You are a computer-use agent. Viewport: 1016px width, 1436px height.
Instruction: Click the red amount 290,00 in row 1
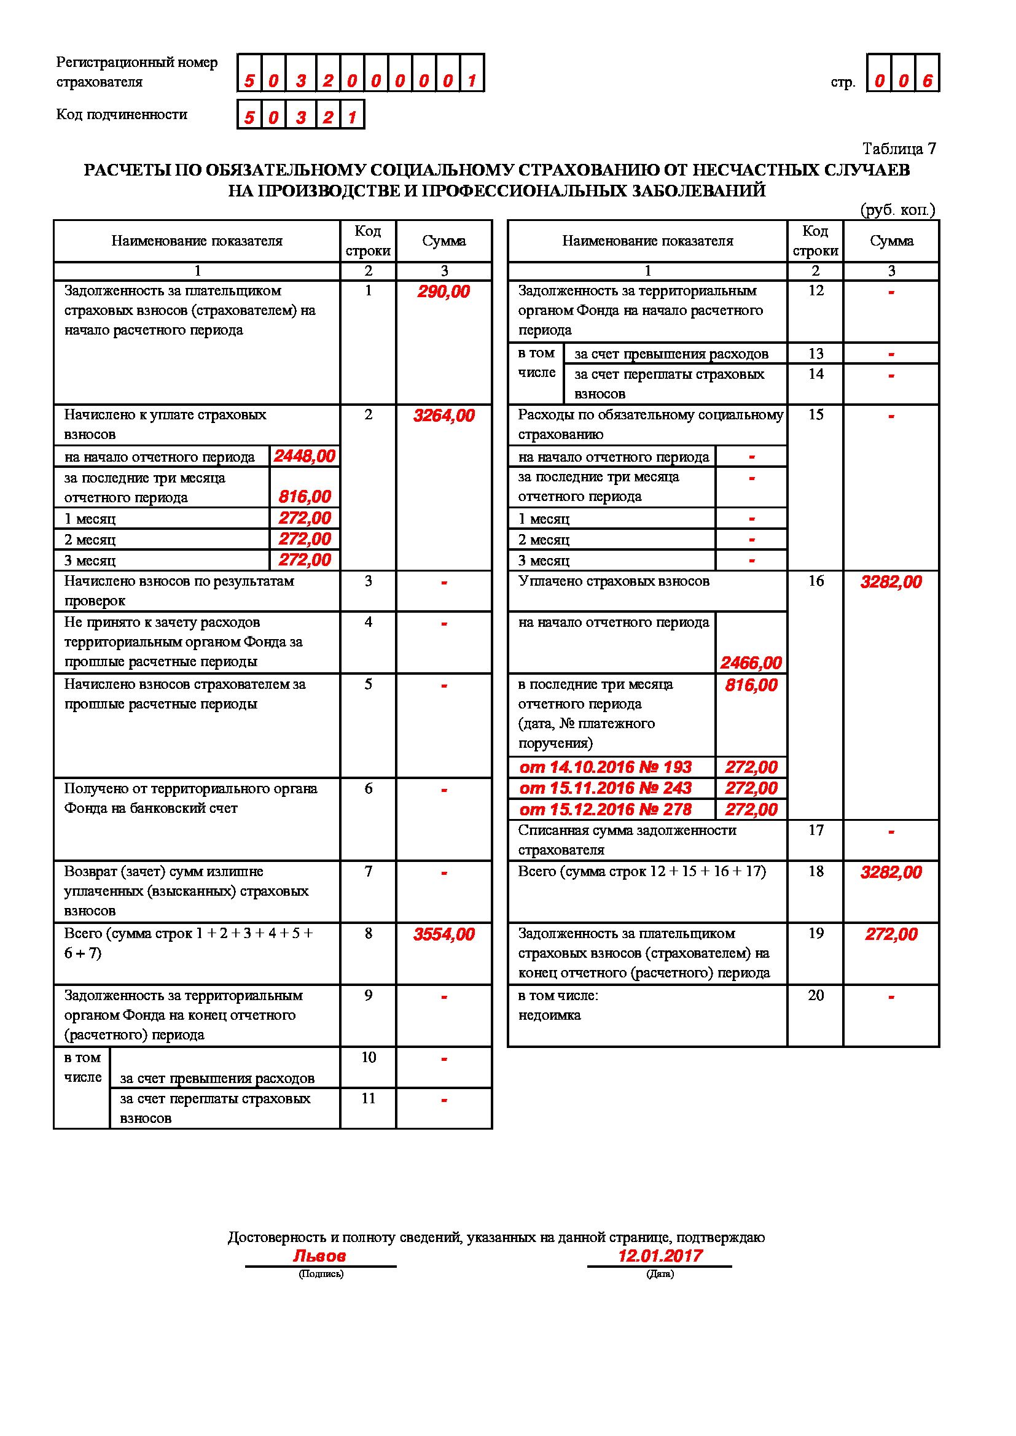pos(444,292)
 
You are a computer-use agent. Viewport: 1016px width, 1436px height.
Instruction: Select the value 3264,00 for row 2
pos(444,416)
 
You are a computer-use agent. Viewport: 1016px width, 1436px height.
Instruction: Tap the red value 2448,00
pos(305,457)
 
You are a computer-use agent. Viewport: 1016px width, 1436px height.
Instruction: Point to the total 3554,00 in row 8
pos(444,934)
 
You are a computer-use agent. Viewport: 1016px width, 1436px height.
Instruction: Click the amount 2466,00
pos(751,663)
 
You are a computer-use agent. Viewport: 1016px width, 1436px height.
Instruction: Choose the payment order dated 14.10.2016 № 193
pos(606,767)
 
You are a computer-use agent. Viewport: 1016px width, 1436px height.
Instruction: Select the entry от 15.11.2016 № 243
pos(606,789)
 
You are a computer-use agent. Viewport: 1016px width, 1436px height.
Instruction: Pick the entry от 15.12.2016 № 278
pos(606,810)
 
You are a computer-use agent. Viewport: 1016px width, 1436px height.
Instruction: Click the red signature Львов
pos(319,1256)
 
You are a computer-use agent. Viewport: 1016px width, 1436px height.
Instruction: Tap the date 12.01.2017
pos(660,1256)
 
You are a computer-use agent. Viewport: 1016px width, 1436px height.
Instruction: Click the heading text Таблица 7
pos(899,149)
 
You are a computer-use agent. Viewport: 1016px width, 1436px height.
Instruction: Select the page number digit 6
pos(927,80)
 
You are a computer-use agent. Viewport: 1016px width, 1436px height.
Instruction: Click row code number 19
pos(816,934)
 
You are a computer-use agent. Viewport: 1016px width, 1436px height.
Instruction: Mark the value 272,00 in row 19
pos(891,934)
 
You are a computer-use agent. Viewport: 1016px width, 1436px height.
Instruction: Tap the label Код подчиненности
pos(122,114)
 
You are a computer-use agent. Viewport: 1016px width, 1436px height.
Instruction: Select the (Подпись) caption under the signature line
pos(321,1274)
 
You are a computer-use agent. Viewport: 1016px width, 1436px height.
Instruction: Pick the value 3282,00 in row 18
pos(891,872)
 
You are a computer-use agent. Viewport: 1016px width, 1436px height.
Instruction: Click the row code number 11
pos(369,1098)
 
